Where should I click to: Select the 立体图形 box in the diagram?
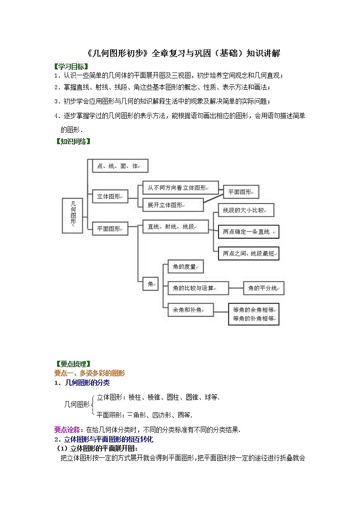tap(110, 197)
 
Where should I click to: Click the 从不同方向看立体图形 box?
tap(180, 188)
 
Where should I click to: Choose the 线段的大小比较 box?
tap(246, 210)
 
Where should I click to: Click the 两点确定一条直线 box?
tap(248, 232)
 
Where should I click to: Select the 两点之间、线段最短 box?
tap(248, 253)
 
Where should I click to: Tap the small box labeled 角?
tap(150, 284)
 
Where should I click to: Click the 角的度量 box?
tap(185, 267)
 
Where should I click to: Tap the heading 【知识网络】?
tap(73, 141)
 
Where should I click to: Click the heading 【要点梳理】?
tap(73, 364)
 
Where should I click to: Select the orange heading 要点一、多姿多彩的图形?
tap(89, 373)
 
